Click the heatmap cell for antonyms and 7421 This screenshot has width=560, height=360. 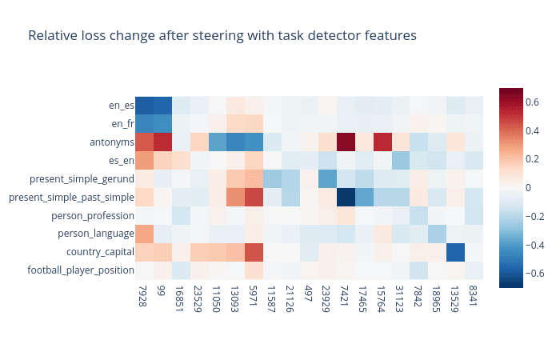tap(346, 142)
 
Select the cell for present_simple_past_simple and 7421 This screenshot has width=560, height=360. tap(346, 197)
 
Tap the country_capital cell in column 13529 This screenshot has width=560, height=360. tap(456, 252)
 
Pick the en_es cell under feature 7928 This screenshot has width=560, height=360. tap(144, 106)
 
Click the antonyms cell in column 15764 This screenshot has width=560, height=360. tap(382, 142)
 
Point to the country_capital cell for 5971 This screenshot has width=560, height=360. tap(254, 252)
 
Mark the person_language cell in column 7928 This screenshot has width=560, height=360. tap(144, 234)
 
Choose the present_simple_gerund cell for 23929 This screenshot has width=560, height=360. tap(327, 179)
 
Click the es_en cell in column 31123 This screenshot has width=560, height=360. tap(401, 160)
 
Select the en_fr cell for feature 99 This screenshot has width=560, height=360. tap(162, 124)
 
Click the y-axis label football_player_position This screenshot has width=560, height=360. tap(81, 270)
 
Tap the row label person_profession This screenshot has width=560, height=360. tap(93, 216)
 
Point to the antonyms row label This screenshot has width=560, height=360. tap(112, 142)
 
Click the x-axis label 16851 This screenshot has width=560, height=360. tap(179, 299)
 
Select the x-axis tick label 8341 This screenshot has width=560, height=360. tap(474, 296)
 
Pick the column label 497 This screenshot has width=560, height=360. tap(307, 294)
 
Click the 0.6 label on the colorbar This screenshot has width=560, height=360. tap(532, 102)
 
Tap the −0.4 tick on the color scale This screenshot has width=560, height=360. tap(534, 245)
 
